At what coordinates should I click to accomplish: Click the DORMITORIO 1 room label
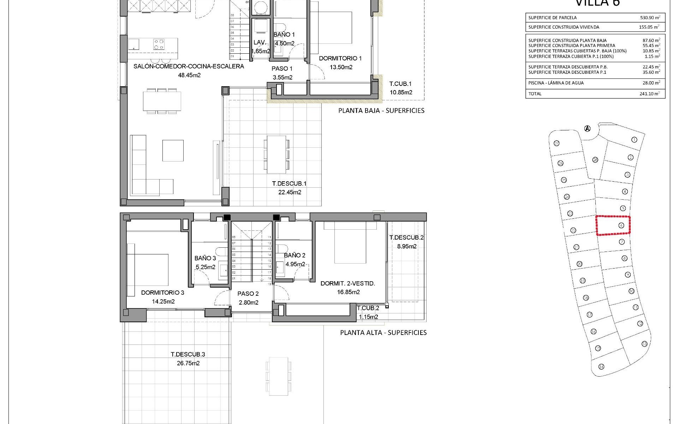point(340,58)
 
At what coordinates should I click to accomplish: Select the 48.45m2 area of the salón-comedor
point(190,75)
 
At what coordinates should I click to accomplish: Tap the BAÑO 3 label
point(205,258)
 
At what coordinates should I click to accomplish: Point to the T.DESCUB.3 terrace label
point(188,354)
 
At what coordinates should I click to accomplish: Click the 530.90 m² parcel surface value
point(650,17)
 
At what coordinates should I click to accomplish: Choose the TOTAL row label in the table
point(535,94)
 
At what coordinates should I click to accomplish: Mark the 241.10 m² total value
point(650,94)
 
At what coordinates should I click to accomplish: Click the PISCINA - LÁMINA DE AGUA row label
point(556,83)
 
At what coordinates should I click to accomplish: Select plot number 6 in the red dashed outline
point(621,225)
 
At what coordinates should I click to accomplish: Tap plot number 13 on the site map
point(644,344)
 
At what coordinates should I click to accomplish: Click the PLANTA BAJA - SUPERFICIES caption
point(381,111)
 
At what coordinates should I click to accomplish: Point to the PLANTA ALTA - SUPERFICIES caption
point(383,332)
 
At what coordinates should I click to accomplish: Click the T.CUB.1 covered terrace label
point(400,84)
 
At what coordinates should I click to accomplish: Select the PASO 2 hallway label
point(248,294)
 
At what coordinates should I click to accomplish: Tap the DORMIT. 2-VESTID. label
point(347,283)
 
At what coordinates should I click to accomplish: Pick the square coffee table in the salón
point(173,151)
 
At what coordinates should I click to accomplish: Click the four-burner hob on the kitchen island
point(159,44)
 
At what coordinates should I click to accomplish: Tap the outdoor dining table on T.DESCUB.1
point(276,154)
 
